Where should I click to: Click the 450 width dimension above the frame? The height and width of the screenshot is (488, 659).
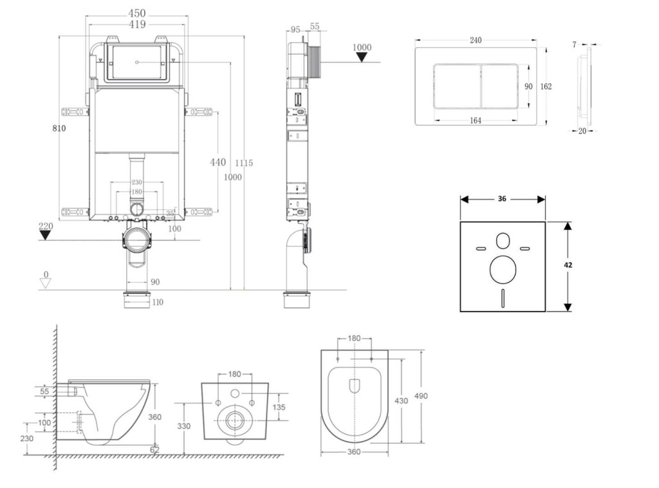(136, 13)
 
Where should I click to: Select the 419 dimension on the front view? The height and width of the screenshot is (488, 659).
(136, 24)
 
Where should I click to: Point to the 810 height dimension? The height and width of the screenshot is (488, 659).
(59, 128)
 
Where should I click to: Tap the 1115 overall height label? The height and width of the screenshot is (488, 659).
(243, 163)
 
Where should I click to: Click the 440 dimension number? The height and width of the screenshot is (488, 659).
(218, 162)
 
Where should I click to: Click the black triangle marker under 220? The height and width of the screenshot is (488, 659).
(44, 235)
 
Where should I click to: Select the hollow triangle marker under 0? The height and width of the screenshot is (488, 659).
(45, 284)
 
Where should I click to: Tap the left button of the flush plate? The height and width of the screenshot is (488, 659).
(457, 86)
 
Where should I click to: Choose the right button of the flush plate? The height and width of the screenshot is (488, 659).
(503, 86)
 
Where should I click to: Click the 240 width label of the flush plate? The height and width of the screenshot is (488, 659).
(476, 40)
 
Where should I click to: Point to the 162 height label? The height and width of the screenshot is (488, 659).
(546, 86)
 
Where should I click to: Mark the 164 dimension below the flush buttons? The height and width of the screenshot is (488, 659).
(476, 120)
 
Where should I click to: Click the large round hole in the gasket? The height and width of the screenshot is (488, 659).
(503, 270)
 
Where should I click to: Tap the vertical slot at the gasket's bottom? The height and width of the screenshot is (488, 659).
(503, 299)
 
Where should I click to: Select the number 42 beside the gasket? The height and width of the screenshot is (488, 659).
(568, 265)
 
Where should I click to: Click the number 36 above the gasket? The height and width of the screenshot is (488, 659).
(502, 199)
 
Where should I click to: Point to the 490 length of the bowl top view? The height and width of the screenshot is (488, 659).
(422, 396)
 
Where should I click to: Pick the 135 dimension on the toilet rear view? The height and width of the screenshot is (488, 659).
(279, 407)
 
